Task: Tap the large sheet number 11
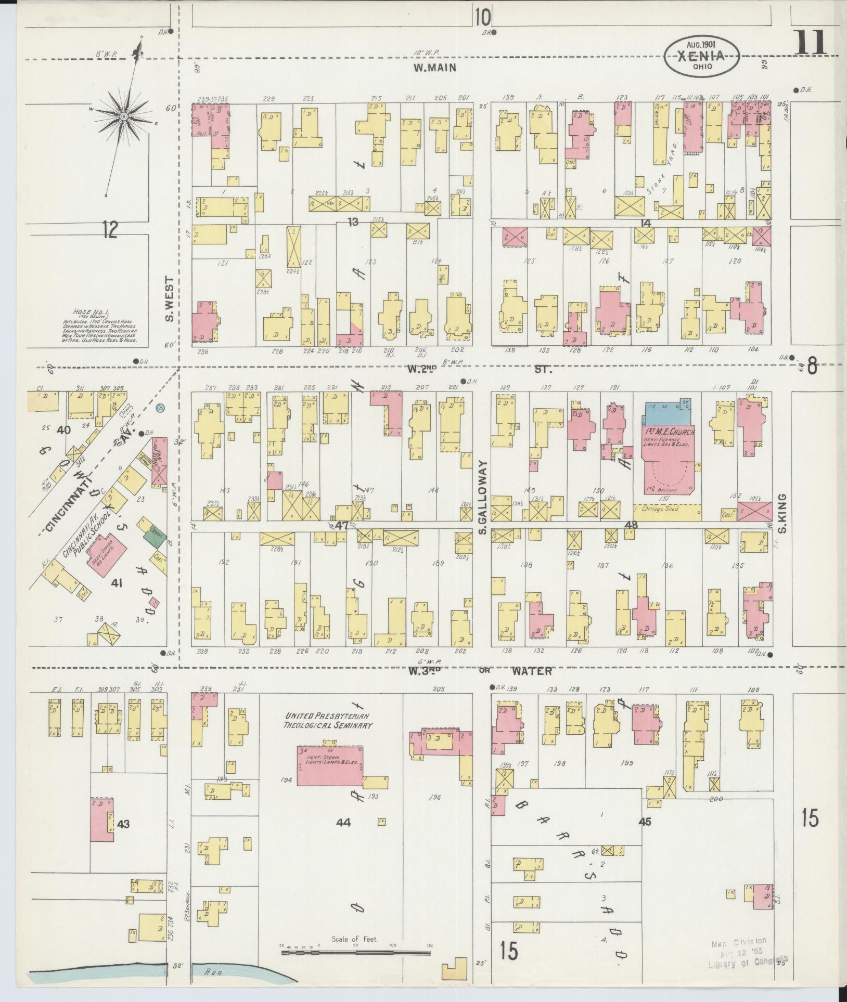pos(811,43)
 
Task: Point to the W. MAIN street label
pos(435,67)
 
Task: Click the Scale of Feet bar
pos(357,953)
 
